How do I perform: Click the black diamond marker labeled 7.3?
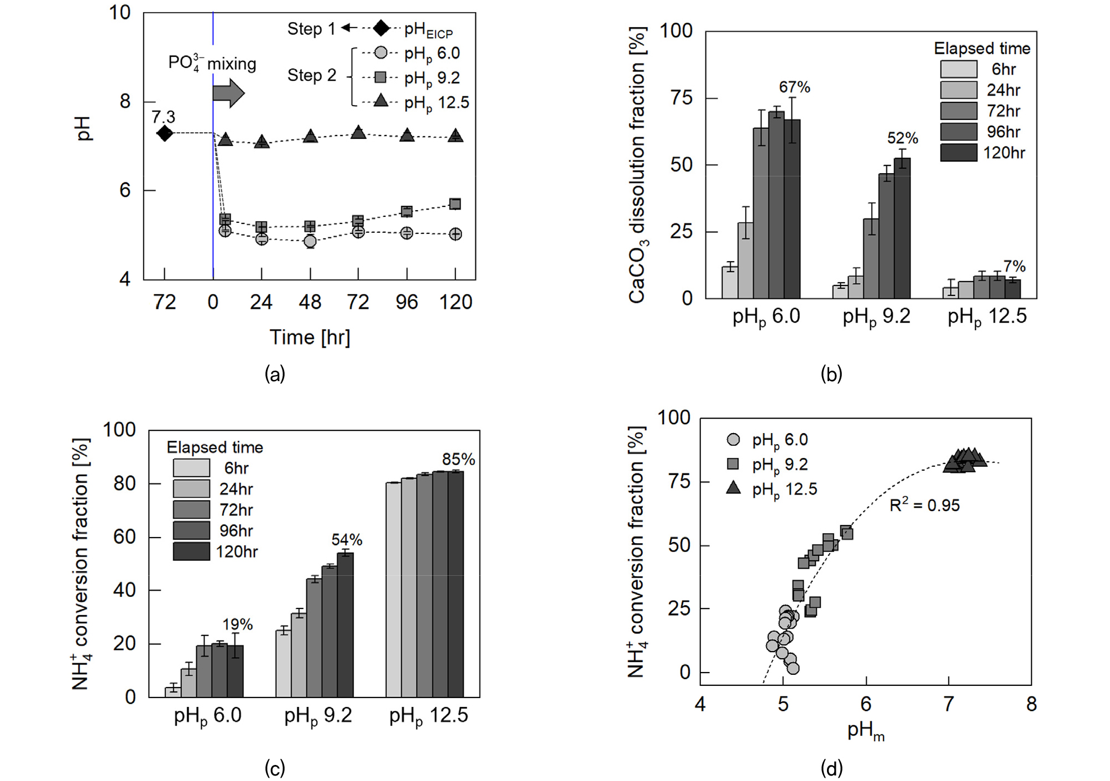164,133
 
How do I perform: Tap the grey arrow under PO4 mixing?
228,93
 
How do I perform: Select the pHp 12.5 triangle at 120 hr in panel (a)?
455,136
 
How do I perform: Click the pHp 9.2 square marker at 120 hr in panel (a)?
455,204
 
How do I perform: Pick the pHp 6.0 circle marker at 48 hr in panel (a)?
310,241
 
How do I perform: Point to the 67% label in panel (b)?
794,87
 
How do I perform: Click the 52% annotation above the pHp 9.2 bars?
902,138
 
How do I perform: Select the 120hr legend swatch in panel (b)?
959,153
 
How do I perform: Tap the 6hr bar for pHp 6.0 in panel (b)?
730,282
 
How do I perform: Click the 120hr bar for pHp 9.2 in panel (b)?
902,228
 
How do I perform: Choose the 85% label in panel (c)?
458,459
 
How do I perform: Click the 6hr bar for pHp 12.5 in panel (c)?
393,590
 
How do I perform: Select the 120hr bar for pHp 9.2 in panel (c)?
345,624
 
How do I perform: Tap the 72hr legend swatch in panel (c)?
191,509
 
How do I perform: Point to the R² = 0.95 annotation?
924,504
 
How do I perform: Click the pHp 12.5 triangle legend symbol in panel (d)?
733,488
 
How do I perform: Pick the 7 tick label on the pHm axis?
949,704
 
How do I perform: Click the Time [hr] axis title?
310,337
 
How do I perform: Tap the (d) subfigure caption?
831,768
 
